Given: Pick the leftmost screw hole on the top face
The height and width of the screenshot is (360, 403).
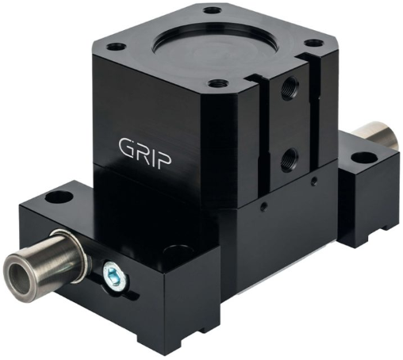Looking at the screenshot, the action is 116,47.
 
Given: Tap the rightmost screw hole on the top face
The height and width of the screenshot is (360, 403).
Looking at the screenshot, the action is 313,42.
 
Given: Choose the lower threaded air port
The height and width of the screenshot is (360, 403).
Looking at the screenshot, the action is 290,159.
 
